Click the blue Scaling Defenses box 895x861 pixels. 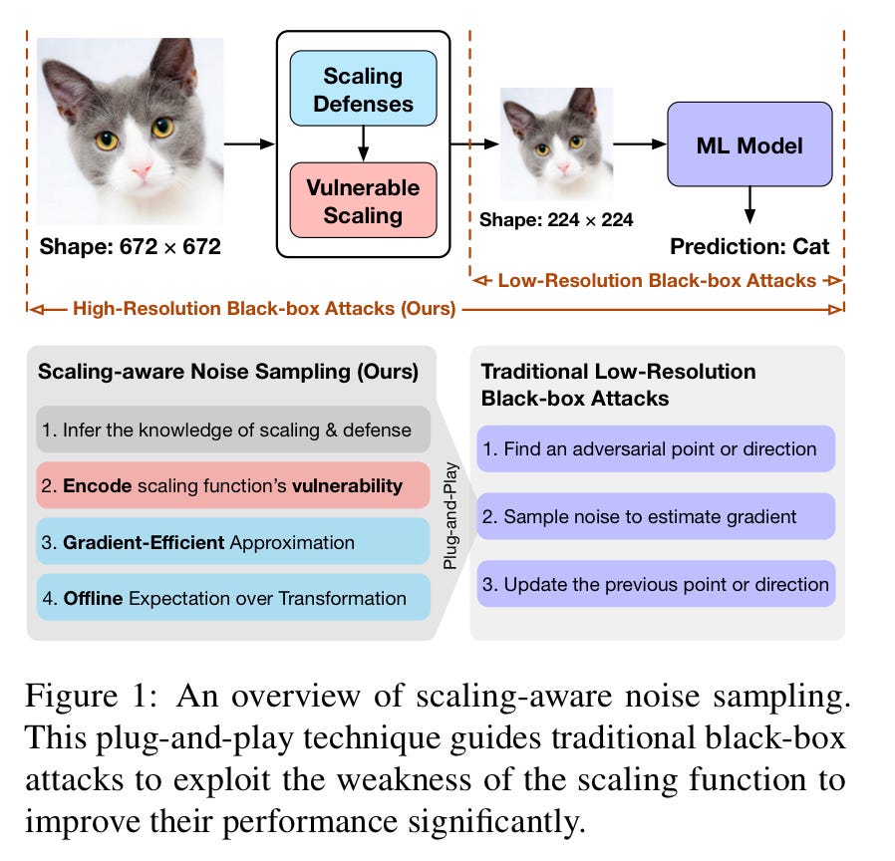(363, 89)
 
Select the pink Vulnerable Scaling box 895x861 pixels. (363, 201)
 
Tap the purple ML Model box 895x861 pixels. (748, 145)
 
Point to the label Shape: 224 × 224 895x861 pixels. (556, 220)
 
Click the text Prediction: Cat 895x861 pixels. (748, 246)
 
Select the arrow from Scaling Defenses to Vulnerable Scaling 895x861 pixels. (363, 144)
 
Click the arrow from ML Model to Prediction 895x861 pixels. (748, 206)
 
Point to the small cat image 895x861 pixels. (555, 143)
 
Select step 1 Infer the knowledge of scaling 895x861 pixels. (233, 430)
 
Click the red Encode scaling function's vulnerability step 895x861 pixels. (233, 486)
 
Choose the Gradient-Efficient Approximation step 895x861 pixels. (233, 543)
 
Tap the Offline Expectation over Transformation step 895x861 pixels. (233, 599)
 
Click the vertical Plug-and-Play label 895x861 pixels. (450, 514)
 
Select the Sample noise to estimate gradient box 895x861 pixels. (655, 516)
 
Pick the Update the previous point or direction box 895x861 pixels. (655, 584)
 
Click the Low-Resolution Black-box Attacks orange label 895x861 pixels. (657, 281)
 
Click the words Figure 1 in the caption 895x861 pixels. (90, 697)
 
